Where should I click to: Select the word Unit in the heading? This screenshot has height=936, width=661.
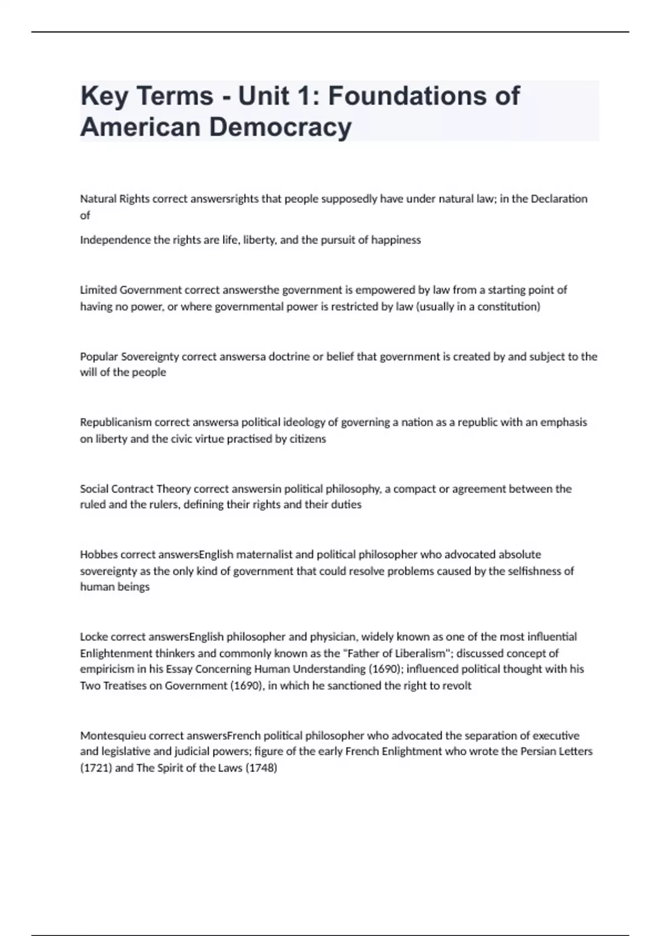point(263,96)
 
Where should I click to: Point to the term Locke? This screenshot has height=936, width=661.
point(94,637)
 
